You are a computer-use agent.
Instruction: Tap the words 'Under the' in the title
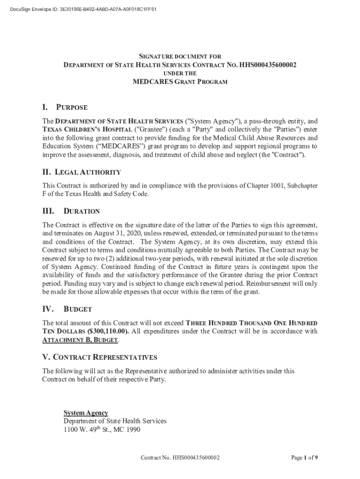(180, 73)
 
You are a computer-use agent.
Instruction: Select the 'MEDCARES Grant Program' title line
(180, 82)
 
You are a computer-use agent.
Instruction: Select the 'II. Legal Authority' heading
(81, 172)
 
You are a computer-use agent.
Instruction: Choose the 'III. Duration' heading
(71, 211)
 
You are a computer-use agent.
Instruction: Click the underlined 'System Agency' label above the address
(86, 413)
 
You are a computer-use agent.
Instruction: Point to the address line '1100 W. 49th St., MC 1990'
(102, 429)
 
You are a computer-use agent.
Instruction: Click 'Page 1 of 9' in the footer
(304, 457)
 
